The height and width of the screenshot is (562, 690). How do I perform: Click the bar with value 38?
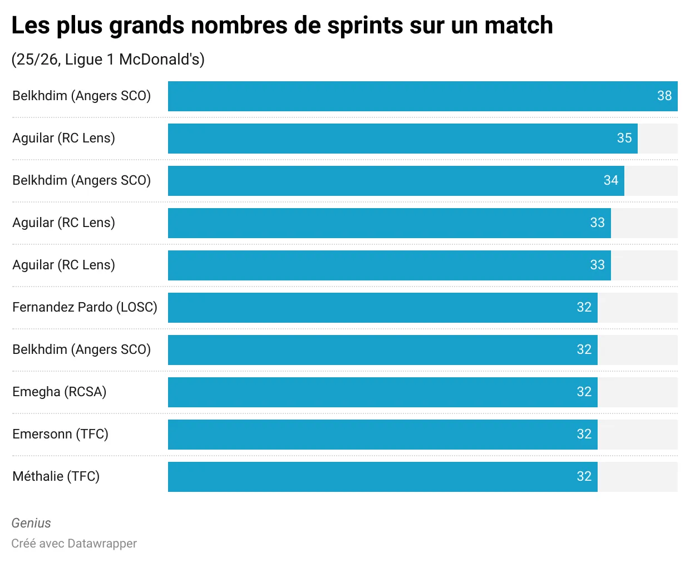(412, 96)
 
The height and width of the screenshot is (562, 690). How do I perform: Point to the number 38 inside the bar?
(664, 96)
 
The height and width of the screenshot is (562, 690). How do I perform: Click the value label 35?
(624, 139)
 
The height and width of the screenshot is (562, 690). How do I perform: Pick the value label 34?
(611, 181)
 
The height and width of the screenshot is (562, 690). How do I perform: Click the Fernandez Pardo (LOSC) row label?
(85, 307)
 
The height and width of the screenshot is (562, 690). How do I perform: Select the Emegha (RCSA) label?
(59, 392)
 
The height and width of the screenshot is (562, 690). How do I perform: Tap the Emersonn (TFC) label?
(60, 434)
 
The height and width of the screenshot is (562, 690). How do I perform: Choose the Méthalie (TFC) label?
(56, 476)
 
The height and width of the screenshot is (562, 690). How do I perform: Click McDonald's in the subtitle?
(161, 60)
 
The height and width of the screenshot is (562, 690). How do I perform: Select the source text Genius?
(31, 523)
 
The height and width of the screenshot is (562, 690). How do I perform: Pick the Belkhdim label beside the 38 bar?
(81, 96)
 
